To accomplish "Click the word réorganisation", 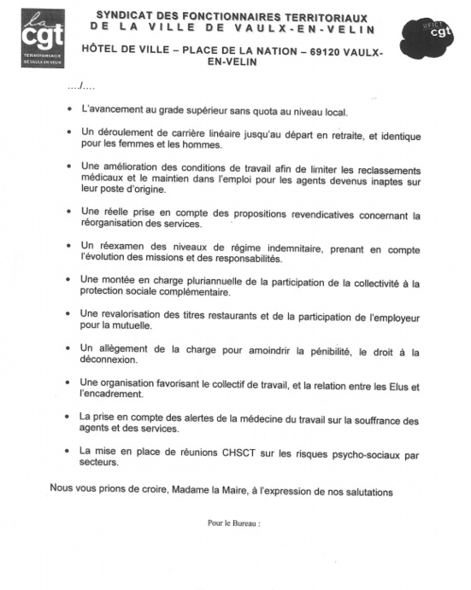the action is [116, 224].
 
